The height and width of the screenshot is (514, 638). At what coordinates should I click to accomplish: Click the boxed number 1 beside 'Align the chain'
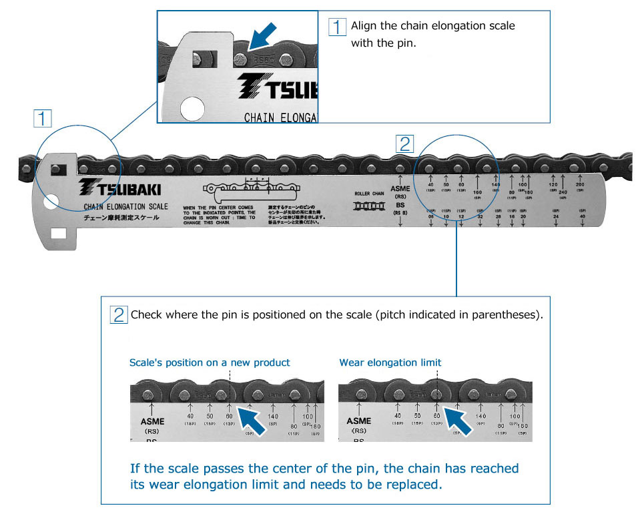click(339, 27)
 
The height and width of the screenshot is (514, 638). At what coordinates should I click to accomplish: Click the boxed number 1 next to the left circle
click(43, 119)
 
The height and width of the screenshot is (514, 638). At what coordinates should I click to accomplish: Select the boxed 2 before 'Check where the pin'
click(119, 314)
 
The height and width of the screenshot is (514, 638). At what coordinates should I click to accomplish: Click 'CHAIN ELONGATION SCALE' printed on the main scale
click(126, 206)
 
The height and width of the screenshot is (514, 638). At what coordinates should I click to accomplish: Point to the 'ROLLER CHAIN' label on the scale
click(369, 194)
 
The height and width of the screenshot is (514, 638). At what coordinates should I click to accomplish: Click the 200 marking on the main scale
click(580, 184)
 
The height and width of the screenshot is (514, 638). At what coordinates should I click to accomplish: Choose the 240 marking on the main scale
click(563, 192)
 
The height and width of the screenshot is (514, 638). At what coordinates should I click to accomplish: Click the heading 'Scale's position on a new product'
click(210, 362)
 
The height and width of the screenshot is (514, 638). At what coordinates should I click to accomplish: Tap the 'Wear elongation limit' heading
click(390, 362)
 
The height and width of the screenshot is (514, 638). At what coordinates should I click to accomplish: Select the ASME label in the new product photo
click(153, 421)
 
